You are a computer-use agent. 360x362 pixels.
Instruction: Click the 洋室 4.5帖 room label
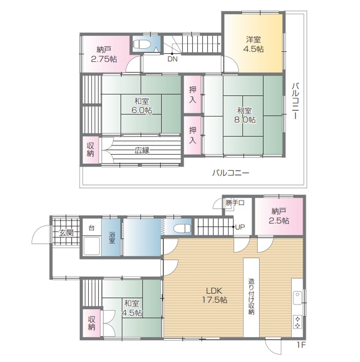coord(253,44)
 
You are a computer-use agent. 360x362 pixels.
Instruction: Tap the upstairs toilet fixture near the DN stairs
coord(142,44)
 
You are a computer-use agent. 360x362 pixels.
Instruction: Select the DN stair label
coord(172,59)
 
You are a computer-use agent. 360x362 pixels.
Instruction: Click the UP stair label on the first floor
coord(240,227)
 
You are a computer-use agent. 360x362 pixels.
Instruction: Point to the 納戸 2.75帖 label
coord(104,54)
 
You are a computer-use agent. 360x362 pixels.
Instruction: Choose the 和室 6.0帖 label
coord(142,106)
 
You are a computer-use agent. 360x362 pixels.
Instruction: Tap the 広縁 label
coord(142,151)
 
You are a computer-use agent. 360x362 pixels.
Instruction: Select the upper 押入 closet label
coord(193,94)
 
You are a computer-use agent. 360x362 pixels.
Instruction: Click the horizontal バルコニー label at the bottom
coord(231,173)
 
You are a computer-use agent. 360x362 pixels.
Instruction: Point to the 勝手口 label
coord(235,203)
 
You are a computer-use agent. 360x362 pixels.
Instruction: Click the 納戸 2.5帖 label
coord(279,216)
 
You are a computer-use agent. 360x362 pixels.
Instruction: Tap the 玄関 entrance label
coord(66,233)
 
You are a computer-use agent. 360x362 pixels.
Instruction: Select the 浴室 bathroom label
coord(112,237)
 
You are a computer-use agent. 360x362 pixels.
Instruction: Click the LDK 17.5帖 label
coord(215,295)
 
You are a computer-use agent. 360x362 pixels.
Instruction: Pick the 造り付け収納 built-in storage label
coord(251,297)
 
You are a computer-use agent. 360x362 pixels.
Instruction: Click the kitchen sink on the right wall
coord(298,298)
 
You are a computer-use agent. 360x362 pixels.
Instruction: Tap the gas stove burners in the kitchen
coord(298,322)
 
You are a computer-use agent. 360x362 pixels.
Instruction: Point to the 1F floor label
coord(301,345)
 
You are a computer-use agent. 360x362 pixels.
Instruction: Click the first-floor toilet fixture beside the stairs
coord(182,228)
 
